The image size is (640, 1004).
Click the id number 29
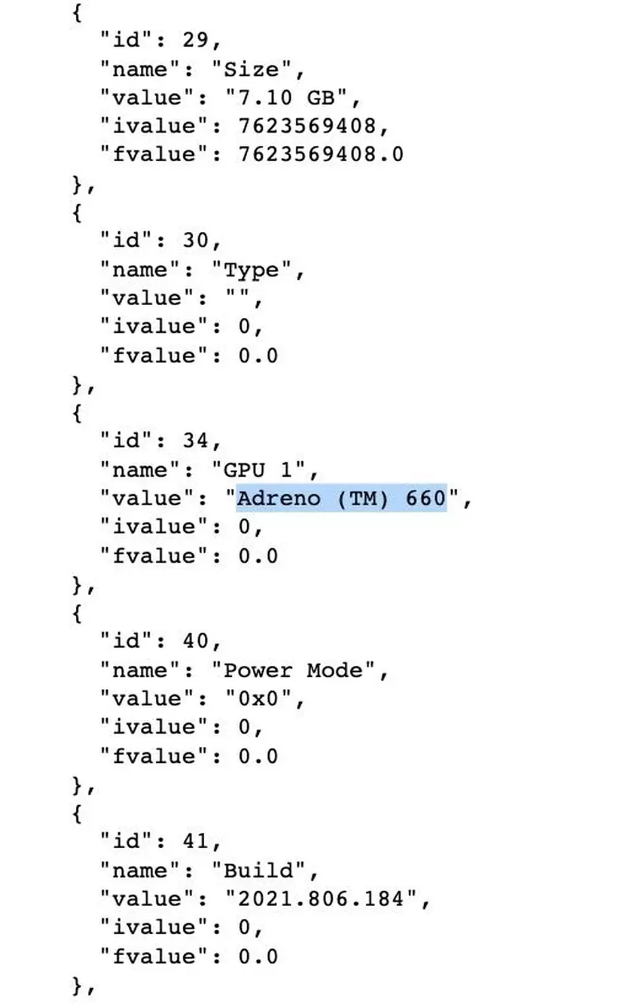pyautogui.click(x=196, y=41)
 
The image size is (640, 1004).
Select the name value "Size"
pyautogui.click(x=251, y=69)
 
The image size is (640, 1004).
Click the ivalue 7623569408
pyautogui.click(x=306, y=127)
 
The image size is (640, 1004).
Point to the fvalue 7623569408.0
pyautogui.click(x=321, y=154)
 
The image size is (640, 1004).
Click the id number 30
pyautogui.click(x=196, y=241)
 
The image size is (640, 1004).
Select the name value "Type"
pyautogui.click(x=251, y=270)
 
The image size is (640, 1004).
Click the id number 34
pyautogui.click(x=196, y=441)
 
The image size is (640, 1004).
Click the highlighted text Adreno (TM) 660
pyautogui.click(x=342, y=499)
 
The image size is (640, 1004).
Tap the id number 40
pyautogui.click(x=196, y=642)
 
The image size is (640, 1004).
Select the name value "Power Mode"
pyautogui.click(x=293, y=670)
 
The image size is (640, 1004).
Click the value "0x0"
pyautogui.click(x=258, y=699)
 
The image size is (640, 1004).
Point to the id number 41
pyautogui.click(x=196, y=841)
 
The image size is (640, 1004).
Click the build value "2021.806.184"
pyautogui.click(x=321, y=899)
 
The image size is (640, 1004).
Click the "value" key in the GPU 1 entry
pyautogui.click(x=148, y=499)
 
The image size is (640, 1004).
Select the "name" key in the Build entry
pyautogui.click(x=140, y=871)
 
